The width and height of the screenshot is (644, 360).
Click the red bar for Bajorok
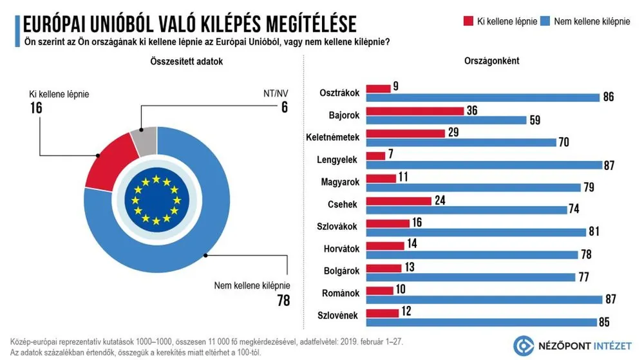(415, 111)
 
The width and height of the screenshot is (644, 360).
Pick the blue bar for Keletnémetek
(460, 142)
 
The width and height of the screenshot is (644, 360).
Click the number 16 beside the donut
(35, 108)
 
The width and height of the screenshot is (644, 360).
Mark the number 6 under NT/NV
(283, 108)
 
